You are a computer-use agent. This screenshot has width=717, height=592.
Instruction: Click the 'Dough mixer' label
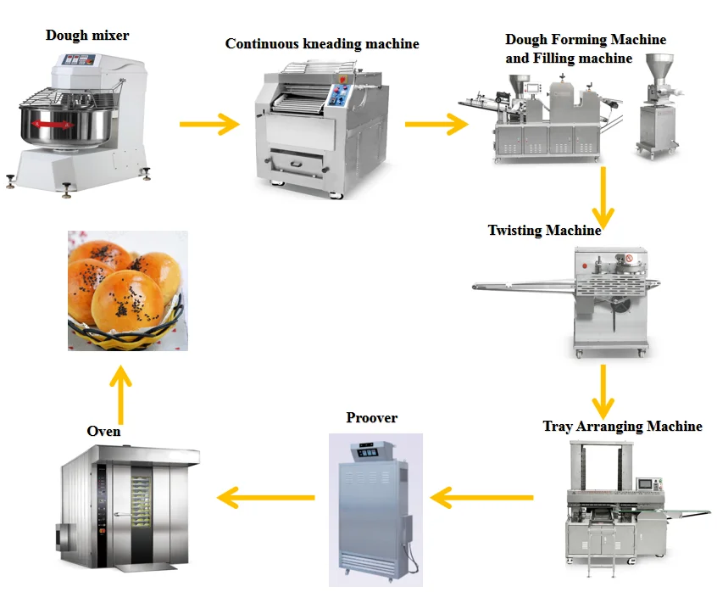pos(87,36)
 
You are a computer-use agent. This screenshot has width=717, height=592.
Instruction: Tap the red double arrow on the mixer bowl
pos(53,124)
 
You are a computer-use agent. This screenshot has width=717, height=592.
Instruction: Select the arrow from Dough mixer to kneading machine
pos(209,124)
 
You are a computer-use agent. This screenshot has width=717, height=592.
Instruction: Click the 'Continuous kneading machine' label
pos(322,44)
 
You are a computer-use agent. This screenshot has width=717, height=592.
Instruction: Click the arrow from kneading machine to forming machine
pos(436,124)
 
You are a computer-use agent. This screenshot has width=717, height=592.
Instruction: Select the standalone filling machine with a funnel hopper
pos(658,106)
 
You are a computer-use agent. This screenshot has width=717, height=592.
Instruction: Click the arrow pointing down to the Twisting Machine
pos(603,198)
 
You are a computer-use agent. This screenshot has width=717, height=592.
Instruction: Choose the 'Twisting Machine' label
pos(545,230)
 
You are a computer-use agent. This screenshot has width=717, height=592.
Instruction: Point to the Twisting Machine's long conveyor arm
pos(524,286)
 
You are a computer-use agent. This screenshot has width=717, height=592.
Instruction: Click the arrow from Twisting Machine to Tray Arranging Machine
pos(603,392)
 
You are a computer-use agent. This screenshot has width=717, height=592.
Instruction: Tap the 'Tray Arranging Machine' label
pos(622,427)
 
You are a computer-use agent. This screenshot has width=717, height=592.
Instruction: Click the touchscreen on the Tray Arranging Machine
pos(645,484)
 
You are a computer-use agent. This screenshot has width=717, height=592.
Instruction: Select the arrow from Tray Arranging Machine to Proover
pos(482,498)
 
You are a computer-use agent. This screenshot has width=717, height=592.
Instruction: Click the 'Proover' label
pos(372,417)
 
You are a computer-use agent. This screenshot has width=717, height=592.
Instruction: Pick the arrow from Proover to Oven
pos(266,498)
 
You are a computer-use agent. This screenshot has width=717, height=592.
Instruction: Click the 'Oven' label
pos(103,432)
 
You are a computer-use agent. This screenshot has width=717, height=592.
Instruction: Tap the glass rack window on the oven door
pos(141,501)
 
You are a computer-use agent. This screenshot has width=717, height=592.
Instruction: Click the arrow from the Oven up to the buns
pos(120,395)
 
